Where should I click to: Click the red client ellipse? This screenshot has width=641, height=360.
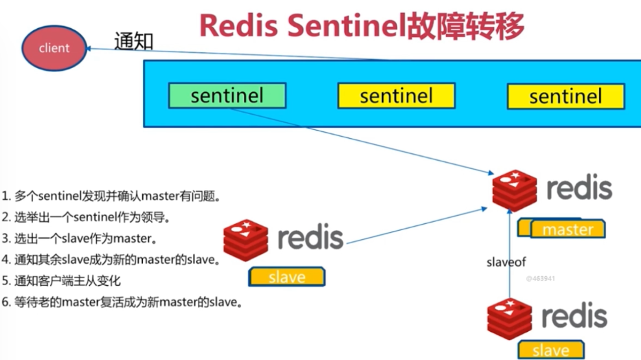pos(54,48)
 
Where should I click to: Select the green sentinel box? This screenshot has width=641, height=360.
pos(227,96)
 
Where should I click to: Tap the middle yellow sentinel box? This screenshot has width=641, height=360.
pos(396,96)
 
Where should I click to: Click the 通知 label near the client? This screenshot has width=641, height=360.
pos(133,41)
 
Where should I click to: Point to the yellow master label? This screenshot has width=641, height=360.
pos(567,229)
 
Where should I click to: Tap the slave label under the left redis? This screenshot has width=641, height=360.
pos(286,277)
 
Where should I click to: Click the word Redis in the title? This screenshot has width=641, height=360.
pos(238,26)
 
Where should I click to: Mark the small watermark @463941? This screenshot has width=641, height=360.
pos(540,279)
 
